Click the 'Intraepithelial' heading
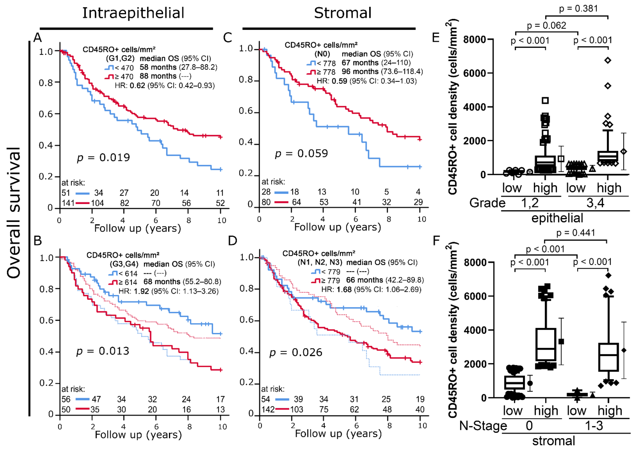[133, 13]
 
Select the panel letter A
[38, 38]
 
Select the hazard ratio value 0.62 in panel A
[137, 85]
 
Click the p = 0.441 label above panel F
[576, 233]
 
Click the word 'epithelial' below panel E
[557, 218]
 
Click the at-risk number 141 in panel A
[68, 203]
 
